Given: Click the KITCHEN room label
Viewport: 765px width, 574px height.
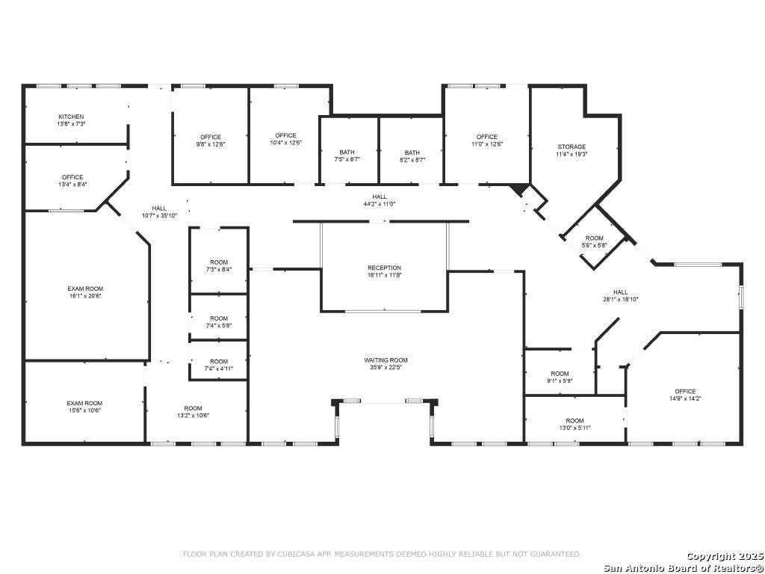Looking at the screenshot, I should pyautogui.click(x=71, y=117).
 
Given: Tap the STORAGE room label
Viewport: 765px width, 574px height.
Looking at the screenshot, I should pyautogui.click(x=572, y=146).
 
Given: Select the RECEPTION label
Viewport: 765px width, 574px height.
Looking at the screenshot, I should pyautogui.click(x=384, y=268).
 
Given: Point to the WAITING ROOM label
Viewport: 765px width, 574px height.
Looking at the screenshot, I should pyautogui.click(x=385, y=360).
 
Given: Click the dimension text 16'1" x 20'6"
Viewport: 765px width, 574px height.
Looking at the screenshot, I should pyautogui.click(x=85, y=296).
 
